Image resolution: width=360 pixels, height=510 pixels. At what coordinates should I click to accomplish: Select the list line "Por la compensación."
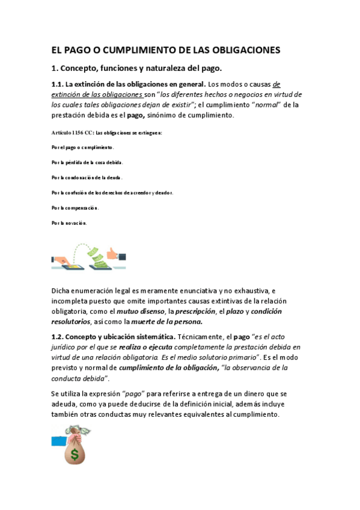pyautogui.click(x=75, y=207)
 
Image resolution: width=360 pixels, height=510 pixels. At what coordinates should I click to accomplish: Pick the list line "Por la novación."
pyautogui.click(x=69, y=223)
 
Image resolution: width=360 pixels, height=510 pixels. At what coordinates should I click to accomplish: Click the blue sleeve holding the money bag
pyautogui.click(x=58, y=439)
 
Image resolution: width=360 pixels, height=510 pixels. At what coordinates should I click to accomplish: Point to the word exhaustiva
pyautogui.click(x=245, y=290)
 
